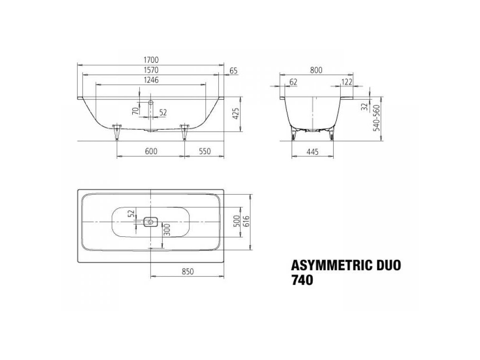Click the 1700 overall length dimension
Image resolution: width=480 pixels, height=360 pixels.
pyautogui.click(x=151, y=60)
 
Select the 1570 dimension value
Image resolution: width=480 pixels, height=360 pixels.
pyautogui.click(x=151, y=70)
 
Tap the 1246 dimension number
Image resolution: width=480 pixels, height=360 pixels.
pyautogui.click(x=151, y=80)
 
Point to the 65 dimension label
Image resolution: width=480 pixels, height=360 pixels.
pyautogui.click(x=233, y=71)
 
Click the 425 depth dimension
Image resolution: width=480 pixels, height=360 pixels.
pyautogui.click(x=235, y=113)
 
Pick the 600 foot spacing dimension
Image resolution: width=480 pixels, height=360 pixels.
pyautogui.click(x=151, y=151)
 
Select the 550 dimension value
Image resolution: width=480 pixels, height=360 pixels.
pyautogui.click(x=204, y=151)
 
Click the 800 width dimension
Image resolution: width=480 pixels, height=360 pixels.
pyautogui.click(x=316, y=70)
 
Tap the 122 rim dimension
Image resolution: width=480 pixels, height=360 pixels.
pyautogui.click(x=346, y=82)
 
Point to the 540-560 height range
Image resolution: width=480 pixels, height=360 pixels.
pyautogui.click(x=376, y=118)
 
